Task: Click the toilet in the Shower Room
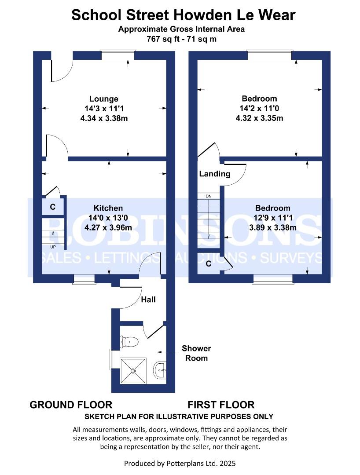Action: [129, 342]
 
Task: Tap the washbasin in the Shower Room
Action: [160, 370]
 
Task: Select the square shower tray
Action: [134, 371]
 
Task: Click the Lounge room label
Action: [103, 99]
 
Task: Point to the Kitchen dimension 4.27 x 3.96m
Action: [108, 227]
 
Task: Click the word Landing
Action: [214, 174]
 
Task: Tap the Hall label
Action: [148, 300]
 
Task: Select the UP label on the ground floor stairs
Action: [53, 247]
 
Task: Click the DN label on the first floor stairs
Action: [209, 196]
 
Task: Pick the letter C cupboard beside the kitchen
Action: [53, 207]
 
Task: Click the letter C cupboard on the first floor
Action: [208, 263]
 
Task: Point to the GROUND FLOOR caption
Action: [71, 405]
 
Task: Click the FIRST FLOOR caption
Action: [221, 405]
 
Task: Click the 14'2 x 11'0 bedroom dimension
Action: [259, 108]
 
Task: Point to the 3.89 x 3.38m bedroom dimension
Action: [273, 227]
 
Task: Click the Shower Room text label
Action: [196, 353]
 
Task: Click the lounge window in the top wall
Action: [118, 55]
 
